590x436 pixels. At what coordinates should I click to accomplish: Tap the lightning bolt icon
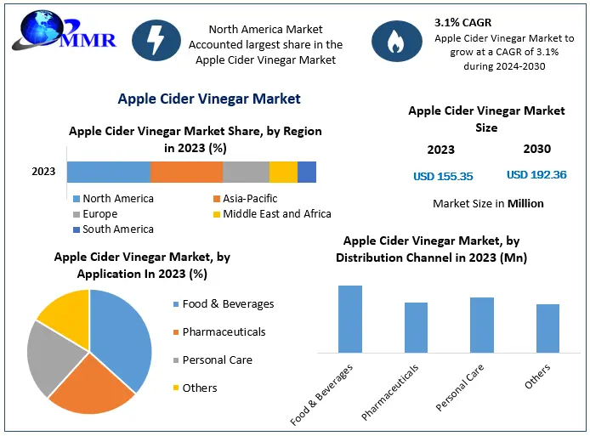pos(156,40)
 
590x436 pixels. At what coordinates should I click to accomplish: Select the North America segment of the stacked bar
pos(108,172)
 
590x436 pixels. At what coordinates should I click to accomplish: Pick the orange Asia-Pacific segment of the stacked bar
pos(186,172)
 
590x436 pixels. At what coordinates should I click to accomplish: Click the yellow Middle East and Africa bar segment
pos(283,172)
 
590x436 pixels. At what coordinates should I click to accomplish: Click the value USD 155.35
pos(442,177)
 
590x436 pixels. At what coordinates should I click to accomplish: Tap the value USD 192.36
pos(536,175)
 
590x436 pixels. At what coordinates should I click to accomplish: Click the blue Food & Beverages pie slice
pos(123,336)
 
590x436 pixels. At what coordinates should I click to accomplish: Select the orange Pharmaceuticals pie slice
pos(94,388)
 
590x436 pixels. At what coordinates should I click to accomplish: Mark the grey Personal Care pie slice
pos(47,357)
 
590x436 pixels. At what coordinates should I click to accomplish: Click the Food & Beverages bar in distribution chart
pos(350,319)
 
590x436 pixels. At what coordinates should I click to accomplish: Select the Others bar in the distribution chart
pos(547,328)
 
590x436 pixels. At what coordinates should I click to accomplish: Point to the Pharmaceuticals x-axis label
pos(390,392)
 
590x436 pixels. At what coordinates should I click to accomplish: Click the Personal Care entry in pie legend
pos(217,360)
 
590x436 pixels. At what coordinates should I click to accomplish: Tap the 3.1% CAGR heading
pos(463,21)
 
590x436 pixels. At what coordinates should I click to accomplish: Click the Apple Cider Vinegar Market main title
pos(208,99)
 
